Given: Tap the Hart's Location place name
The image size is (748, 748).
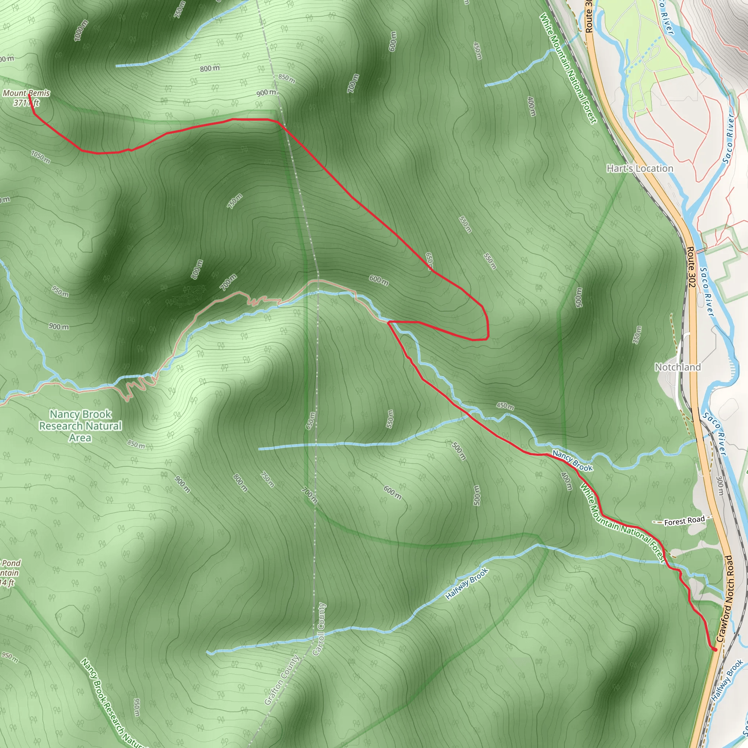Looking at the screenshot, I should (x=640, y=168).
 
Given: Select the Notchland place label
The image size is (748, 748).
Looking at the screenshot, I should (x=678, y=367).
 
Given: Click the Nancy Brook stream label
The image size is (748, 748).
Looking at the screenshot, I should (x=572, y=461).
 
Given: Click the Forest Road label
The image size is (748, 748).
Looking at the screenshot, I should (x=684, y=522).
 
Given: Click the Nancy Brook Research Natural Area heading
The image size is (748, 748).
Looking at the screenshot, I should (x=80, y=426).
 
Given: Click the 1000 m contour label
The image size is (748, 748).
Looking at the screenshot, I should (x=81, y=31).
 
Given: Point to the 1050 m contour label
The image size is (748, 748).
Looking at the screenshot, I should (x=41, y=157).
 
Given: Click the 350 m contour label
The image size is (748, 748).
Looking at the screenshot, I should (x=637, y=335).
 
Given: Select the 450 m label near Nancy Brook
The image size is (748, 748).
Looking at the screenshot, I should (x=505, y=406).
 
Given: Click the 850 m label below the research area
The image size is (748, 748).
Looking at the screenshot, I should (x=136, y=444).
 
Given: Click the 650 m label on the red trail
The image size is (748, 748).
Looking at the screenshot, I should (x=429, y=260).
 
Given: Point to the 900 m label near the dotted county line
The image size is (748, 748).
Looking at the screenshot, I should (x=266, y=92).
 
